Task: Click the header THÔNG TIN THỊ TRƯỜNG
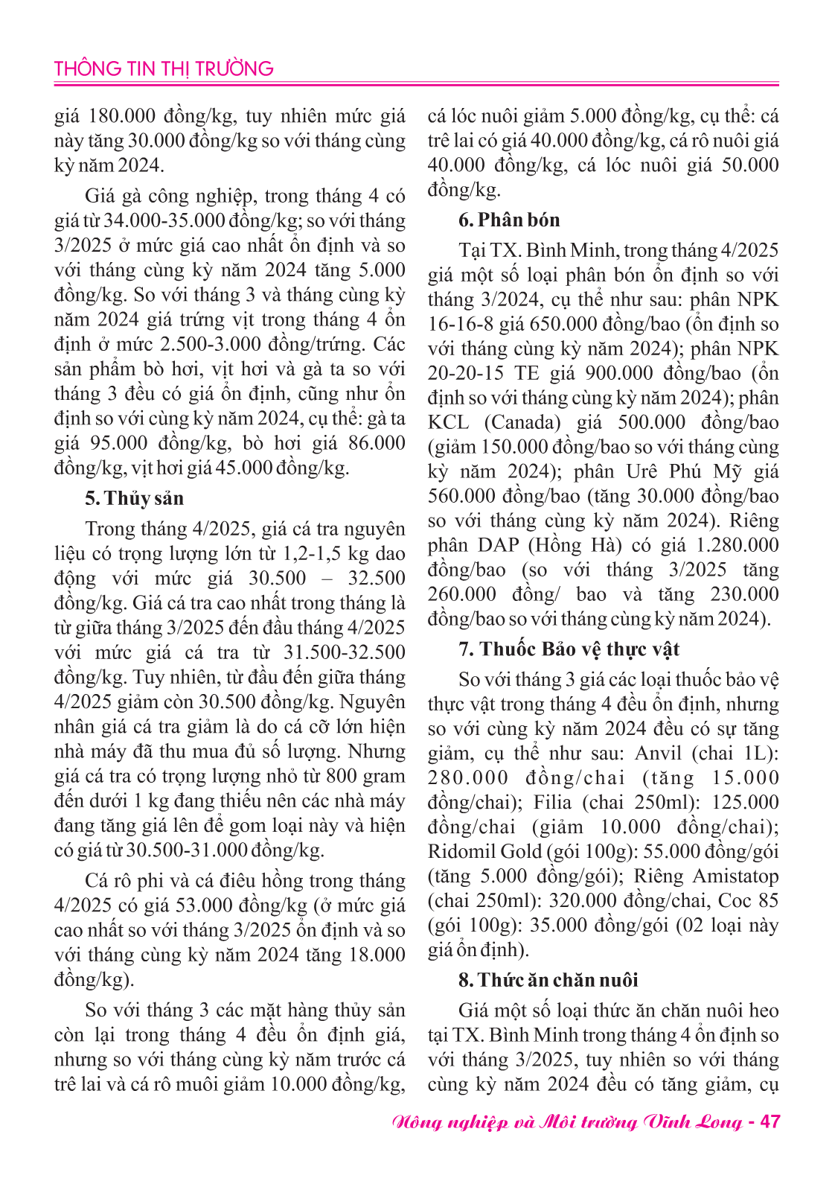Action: coord(164,69)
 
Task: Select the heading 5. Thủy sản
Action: coord(134,498)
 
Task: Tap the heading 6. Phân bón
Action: coord(509,220)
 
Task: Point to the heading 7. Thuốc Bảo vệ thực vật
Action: coord(569,649)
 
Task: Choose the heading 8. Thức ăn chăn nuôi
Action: coord(548,980)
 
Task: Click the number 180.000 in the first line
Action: coord(123,116)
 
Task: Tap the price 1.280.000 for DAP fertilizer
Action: coord(738,546)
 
